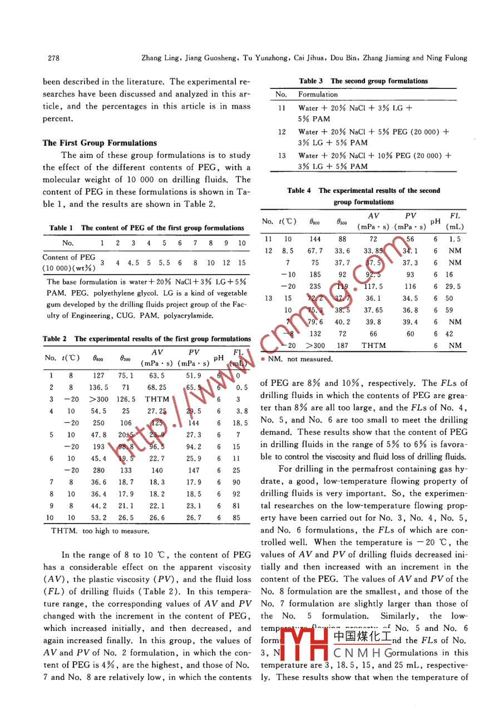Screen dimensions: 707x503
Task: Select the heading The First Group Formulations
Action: pos(100,143)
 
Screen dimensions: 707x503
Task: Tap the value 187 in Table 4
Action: pos(343,345)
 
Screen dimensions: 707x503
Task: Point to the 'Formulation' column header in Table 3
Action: pos(318,94)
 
